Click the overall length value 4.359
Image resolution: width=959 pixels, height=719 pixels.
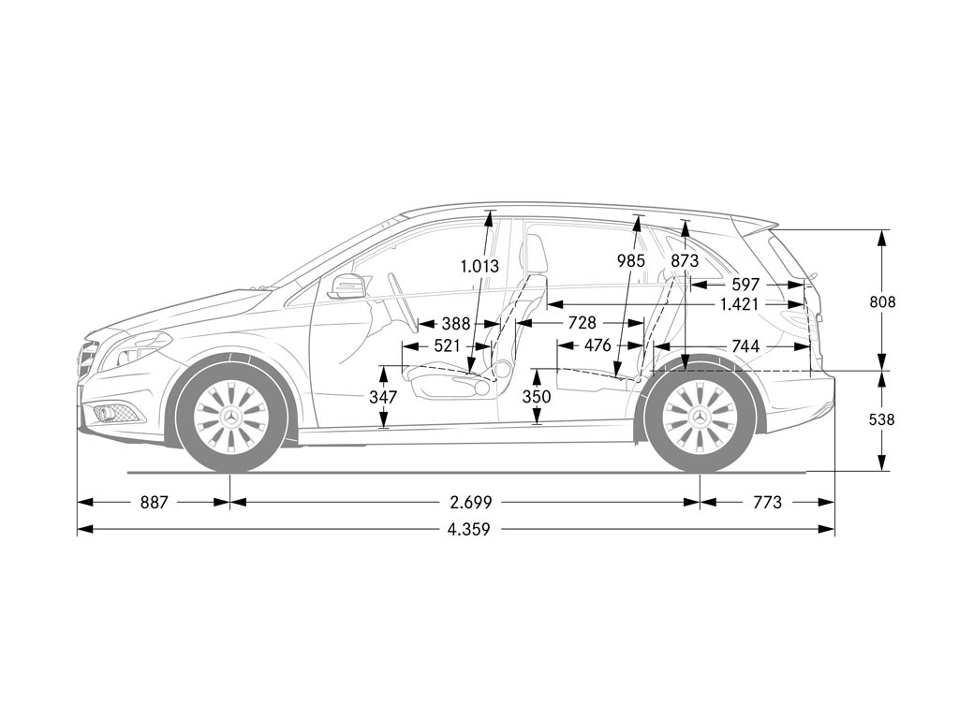[468, 530]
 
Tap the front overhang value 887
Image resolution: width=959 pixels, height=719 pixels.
[154, 503]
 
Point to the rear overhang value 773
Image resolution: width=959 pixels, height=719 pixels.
[766, 503]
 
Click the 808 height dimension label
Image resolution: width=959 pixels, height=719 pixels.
[881, 301]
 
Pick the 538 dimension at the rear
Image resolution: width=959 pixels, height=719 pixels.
[881, 419]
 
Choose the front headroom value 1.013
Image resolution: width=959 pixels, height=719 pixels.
[479, 266]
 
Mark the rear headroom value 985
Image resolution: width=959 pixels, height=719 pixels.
[630, 260]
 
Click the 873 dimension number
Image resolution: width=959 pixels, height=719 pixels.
[685, 260]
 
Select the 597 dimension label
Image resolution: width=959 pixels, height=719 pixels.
[745, 285]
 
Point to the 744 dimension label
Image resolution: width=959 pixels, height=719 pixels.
[745, 347]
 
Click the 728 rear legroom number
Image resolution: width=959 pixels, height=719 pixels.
[582, 323]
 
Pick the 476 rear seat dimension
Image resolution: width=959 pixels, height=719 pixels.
[597, 346]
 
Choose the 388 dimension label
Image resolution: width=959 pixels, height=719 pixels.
[456, 324]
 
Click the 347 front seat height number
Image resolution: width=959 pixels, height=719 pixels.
[383, 397]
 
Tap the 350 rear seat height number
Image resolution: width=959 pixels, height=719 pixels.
[537, 397]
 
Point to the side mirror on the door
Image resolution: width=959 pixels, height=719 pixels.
[347, 286]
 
